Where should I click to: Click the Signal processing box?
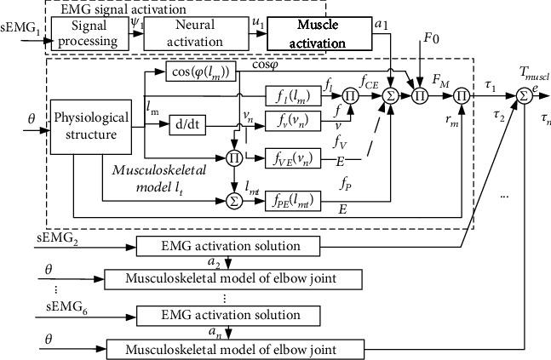tap(90, 34)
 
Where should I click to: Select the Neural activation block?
tap(196, 34)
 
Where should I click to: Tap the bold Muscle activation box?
tap(319, 34)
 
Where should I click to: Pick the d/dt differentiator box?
tap(187, 125)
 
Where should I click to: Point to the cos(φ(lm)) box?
tap(201, 72)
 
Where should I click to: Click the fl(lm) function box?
tap(293, 96)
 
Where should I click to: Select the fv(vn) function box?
tap(293, 121)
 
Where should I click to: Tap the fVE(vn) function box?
tap(293, 158)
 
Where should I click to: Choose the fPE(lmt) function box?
tap(293, 201)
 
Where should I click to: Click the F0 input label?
tap(431, 38)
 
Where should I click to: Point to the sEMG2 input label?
tap(57, 239)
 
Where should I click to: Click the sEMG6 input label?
tap(66, 308)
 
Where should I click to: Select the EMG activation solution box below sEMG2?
tap(228, 246)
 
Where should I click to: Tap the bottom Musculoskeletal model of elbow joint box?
tap(235, 350)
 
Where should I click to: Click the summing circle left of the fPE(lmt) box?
tap(234, 201)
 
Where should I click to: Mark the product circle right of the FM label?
tap(462, 96)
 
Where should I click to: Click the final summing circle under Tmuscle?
tap(525, 96)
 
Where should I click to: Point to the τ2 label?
tap(499, 116)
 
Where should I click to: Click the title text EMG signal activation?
tap(123, 9)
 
